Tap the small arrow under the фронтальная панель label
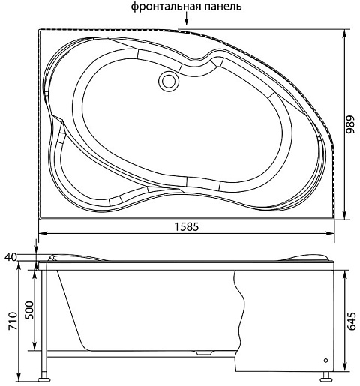(186, 19)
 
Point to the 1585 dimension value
(187, 226)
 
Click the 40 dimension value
(10, 257)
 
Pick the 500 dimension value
(29, 310)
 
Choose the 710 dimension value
(13, 321)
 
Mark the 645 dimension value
(352, 321)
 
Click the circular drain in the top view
(169, 80)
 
